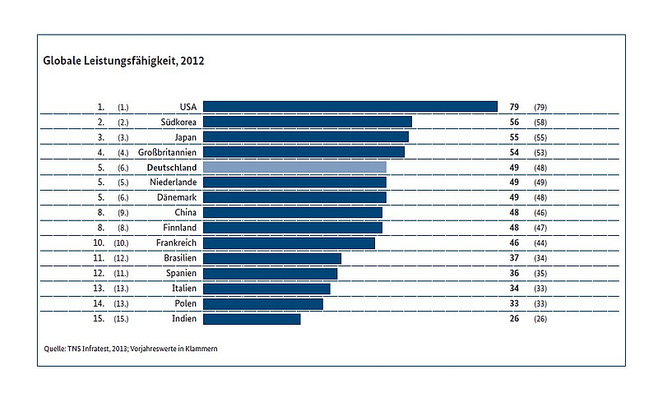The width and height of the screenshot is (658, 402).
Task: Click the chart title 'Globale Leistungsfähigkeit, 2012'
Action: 123,61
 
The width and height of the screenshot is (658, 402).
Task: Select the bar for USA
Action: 350,107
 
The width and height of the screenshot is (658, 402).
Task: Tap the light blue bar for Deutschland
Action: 294,167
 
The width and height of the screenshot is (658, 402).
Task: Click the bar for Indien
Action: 252,319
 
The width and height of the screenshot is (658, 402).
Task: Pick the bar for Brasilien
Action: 272,258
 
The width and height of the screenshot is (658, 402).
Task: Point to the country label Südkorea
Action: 178,122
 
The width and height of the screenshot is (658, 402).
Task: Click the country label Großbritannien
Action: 167,152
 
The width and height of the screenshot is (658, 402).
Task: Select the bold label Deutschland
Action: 172,168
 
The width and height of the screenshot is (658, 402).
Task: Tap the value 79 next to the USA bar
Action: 514,107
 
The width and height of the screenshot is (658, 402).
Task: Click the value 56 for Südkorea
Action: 514,122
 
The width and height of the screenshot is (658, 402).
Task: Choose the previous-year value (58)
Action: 540,122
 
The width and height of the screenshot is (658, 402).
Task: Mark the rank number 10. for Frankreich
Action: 99,243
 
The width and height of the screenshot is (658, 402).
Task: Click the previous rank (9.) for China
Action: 123,213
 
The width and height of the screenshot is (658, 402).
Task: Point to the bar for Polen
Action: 263,304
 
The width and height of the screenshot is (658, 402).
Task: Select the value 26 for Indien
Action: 514,318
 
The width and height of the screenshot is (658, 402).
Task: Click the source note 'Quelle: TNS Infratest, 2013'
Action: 86,349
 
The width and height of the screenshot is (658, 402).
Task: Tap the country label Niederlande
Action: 173,183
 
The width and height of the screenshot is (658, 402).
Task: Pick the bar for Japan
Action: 306,136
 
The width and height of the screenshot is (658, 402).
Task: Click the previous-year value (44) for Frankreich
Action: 540,243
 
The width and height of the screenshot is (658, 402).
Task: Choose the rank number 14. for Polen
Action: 99,303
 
